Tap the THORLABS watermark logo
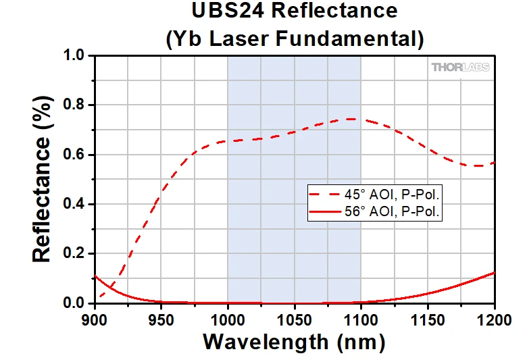(x=460, y=67)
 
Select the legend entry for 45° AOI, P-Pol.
(x=378, y=195)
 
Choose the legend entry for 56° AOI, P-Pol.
(x=378, y=211)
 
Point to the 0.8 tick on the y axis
(x=76, y=105)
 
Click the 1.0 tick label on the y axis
(x=76, y=55)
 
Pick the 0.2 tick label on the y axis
(x=76, y=254)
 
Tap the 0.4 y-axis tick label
(x=76, y=205)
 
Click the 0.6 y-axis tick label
(x=76, y=155)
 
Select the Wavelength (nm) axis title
(x=294, y=342)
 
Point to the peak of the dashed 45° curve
(x=350, y=119)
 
